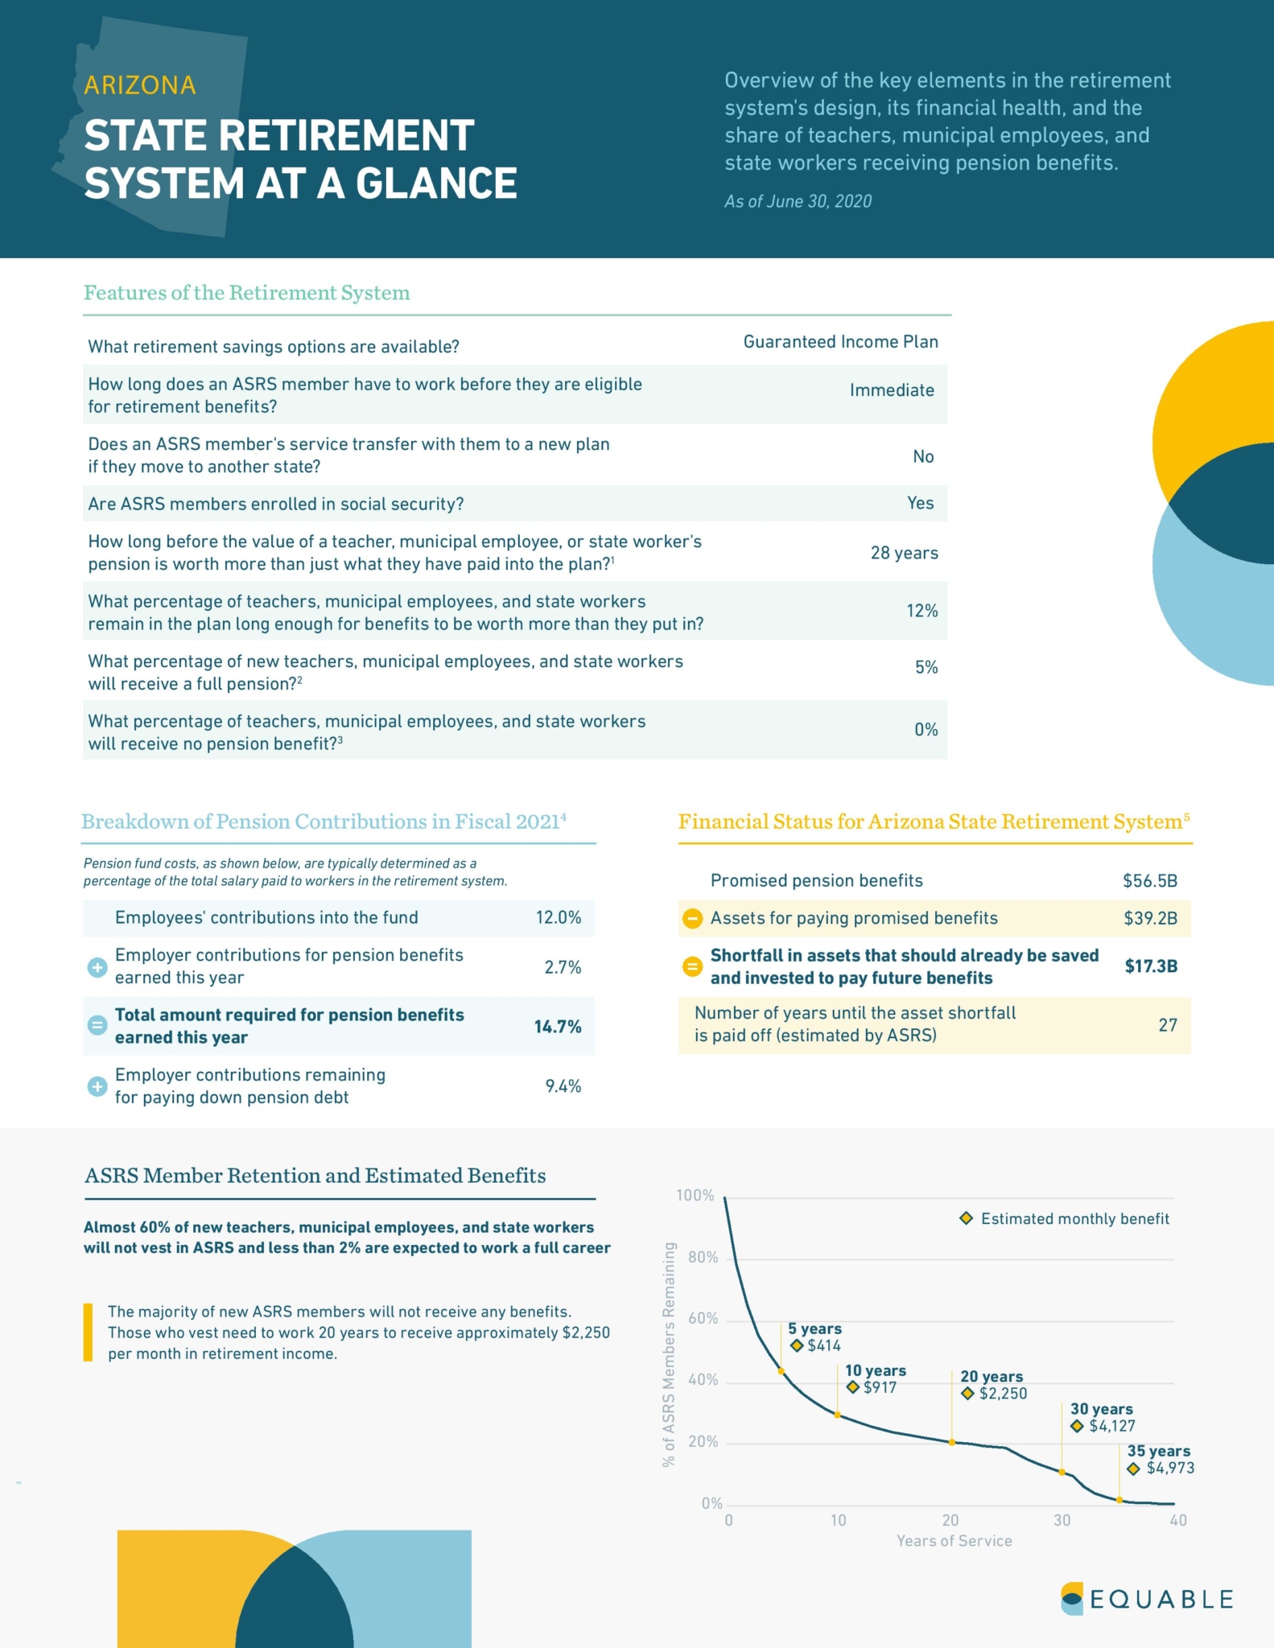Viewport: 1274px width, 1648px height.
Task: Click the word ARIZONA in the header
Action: (140, 85)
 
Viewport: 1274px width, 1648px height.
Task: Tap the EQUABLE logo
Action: (1147, 1598)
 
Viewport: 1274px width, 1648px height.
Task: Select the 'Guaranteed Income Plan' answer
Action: (840, 342)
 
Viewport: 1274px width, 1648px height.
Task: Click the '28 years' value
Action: (904, 553)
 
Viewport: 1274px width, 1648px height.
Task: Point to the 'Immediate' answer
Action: (892, 390)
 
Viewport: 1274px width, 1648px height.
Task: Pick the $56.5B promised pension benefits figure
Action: (1150, 880)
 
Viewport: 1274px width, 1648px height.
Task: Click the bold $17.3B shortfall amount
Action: (1151, 966)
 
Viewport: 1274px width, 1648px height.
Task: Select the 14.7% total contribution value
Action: (558, 1026)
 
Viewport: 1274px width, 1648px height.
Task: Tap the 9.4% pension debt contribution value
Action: (563, 1086)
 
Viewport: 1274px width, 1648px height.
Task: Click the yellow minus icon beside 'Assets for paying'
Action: (692, 918)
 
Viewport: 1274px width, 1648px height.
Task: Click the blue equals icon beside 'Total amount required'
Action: (97, 1025)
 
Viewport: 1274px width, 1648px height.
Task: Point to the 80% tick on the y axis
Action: (703, 1257)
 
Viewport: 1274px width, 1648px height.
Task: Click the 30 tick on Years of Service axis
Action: (1062, 1520)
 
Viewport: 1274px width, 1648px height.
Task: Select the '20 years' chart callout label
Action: (992, 1376)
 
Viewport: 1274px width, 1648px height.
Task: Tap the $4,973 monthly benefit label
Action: (1170, 1468)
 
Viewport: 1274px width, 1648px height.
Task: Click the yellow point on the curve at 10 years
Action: (838, 1415)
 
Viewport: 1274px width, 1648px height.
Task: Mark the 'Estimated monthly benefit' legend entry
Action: (1065, 1218)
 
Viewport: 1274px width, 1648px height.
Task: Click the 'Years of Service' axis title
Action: (954, 1540)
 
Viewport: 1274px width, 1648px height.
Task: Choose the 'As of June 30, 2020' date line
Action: (798, 201)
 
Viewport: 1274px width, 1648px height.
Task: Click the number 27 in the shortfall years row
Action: (1167, 1024)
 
